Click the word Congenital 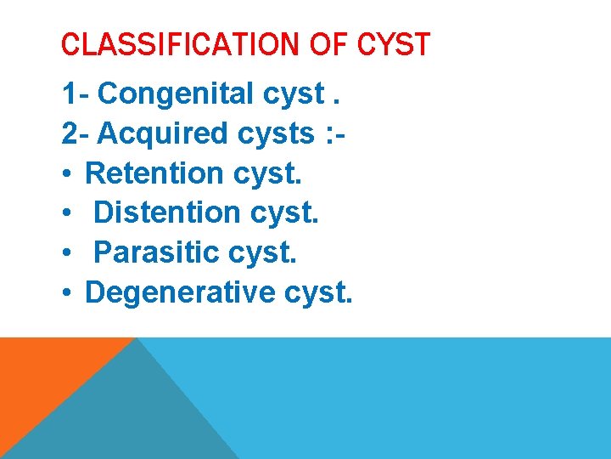pos(185,94)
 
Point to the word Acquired pos(164,133)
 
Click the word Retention pos(154,173)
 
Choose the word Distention pos(168,212)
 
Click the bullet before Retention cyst pos(67,174)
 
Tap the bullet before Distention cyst pos(67,213)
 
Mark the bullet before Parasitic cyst pos(67,253)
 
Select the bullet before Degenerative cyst pos(67,293)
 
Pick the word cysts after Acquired pos(278,134)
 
